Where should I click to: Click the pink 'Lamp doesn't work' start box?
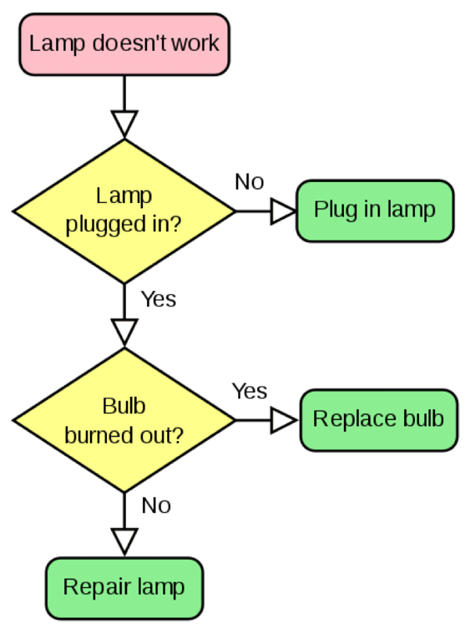tap(124, 43)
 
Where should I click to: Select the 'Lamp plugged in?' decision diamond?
tap(124, 210)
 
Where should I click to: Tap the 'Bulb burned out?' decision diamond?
tap(124, 420)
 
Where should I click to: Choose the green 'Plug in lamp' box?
tap(374, 210)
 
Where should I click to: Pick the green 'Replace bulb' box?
tap(377, 420)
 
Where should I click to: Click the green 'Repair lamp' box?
tap(124, 586)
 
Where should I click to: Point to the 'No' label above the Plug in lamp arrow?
tap(249, 182)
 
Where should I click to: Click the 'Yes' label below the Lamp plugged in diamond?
tap(158, 299)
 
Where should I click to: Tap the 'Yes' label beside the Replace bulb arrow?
tap(249, 391)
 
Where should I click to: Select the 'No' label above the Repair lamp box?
tap(156, 505)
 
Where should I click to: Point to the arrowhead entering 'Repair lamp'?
tap(124, 541)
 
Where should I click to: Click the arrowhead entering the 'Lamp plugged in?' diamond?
tap(124, 124)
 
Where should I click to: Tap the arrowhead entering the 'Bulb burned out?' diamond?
tap(124, 332)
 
